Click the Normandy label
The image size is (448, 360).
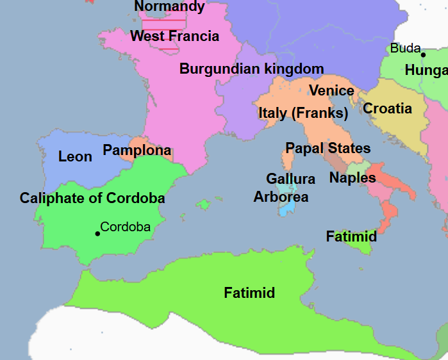170,7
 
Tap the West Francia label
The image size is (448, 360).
174,37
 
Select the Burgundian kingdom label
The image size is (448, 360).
251,69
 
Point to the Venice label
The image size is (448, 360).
331,91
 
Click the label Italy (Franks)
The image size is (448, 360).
303,113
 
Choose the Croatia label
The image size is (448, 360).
387,108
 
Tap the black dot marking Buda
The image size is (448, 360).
423,55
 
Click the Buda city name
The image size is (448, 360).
405,48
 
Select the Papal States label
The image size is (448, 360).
328,148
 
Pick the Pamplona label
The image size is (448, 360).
137,151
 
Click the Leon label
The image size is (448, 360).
75,156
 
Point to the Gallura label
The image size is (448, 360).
291,179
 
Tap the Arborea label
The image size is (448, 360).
281,197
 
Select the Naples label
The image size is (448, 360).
353,178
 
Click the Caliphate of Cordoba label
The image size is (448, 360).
92,198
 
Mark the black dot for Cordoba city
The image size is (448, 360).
97,233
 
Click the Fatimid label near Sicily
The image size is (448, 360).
351,236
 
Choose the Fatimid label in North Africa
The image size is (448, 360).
249,293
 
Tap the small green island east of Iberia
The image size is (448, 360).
204,204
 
